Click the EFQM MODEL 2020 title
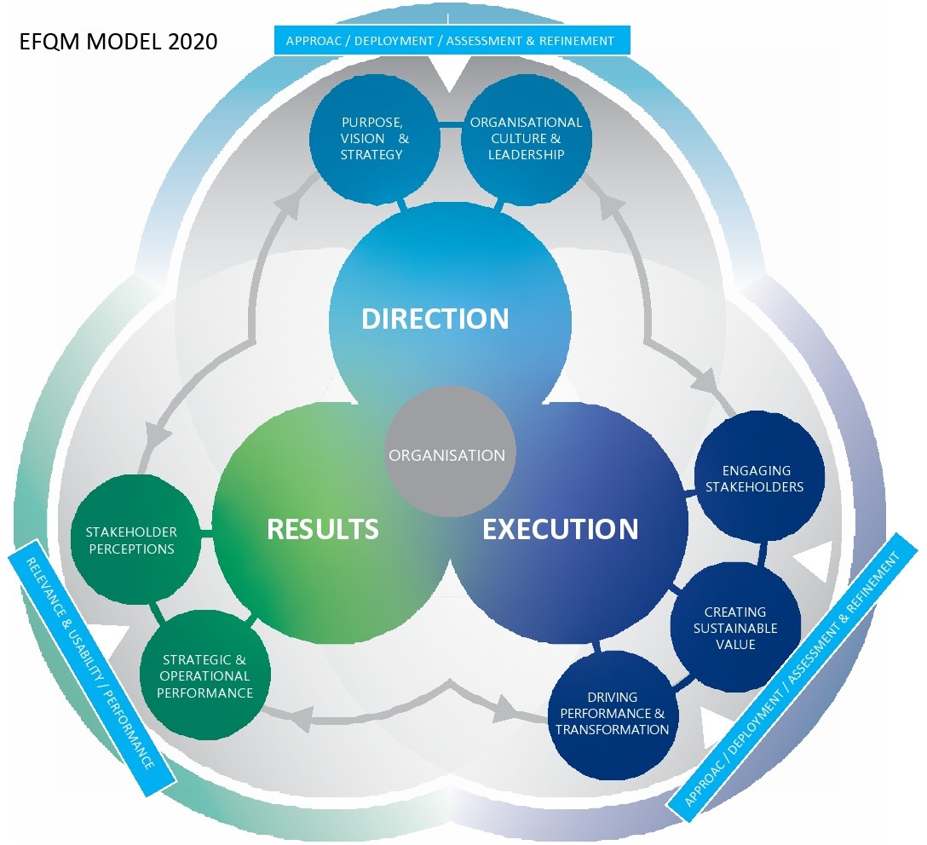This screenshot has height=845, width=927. tap(118, 41)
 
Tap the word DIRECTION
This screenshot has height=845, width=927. tap(435, 319)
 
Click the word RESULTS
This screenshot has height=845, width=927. tap(322, 529)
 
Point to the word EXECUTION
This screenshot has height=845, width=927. tap(560, 529)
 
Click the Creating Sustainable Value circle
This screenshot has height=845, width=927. tap(734, 628)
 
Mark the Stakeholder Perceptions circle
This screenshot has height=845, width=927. tap(130, 540)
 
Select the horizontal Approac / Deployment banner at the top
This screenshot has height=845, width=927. tap(451, 40)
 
